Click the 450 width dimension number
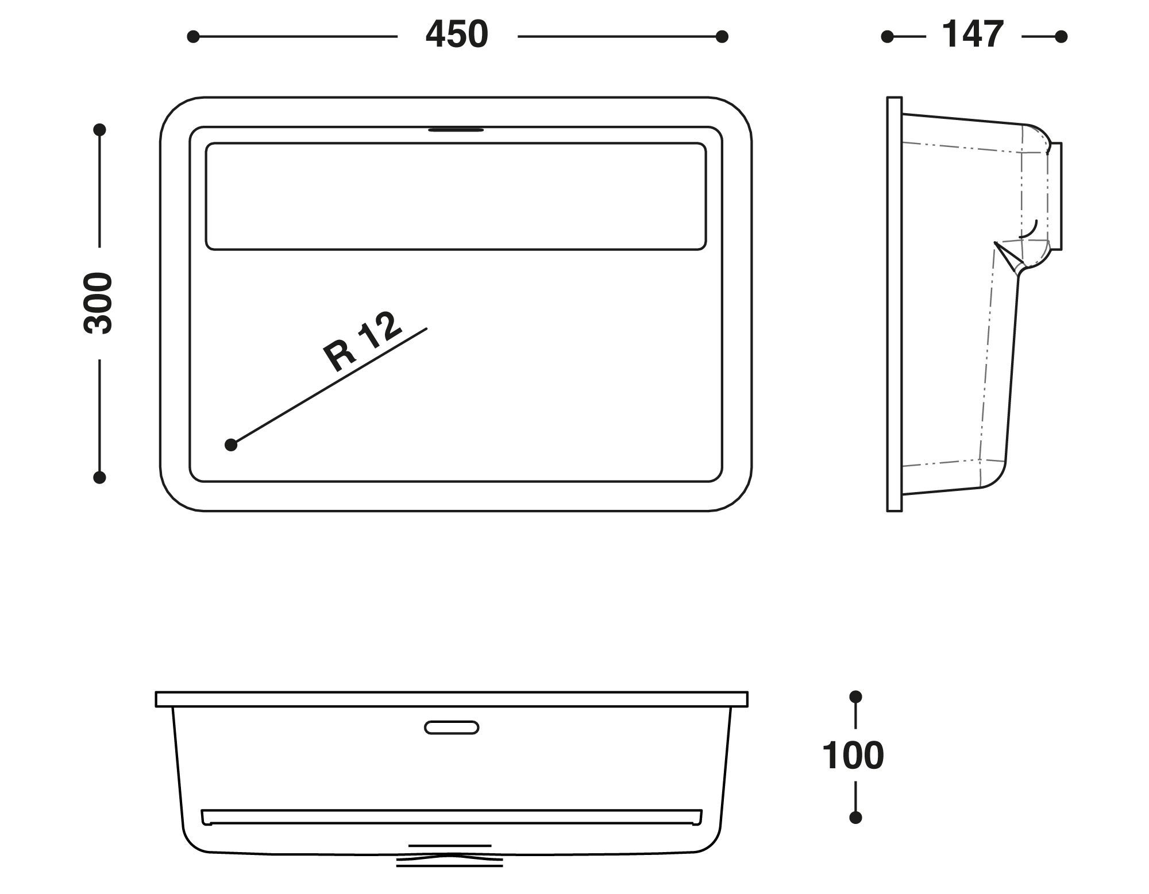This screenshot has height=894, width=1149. [457, 35]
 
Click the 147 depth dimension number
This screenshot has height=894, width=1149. [973, 35]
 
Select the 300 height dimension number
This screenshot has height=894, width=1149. [98, 303]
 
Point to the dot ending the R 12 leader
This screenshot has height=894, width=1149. [231, 444]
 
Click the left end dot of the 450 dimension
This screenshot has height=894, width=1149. [193, 37]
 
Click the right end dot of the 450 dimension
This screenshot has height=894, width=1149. [722, 37]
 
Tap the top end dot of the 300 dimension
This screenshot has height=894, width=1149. [99, 130]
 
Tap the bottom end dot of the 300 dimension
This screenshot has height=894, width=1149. [99, 477]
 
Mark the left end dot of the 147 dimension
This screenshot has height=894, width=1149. [887, 37]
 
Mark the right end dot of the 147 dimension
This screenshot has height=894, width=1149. [1061, 37]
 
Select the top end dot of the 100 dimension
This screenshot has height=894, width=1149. [855, 696]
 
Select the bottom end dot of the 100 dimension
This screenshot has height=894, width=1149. [855, 817]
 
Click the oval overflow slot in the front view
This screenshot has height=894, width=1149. [452, 727]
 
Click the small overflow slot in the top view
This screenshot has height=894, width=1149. [456, 130]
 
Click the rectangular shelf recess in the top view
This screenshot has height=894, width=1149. [455, 196]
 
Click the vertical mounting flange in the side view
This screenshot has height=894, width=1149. [894, 304]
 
